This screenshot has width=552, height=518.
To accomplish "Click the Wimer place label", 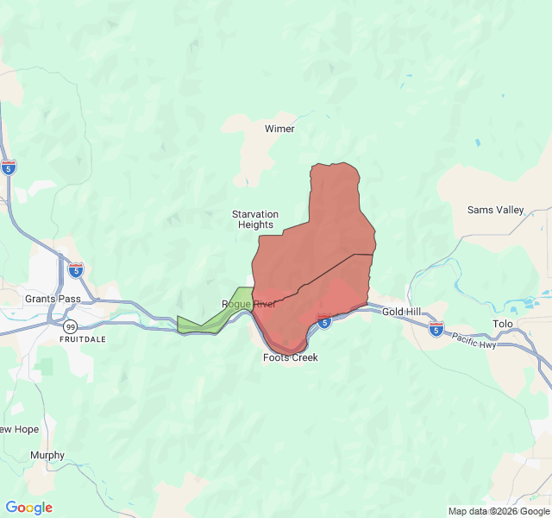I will point(279,129).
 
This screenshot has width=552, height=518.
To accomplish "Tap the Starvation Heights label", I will point(255,219).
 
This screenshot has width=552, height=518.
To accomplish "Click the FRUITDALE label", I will point(83,339).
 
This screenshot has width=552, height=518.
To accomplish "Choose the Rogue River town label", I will point(248,304).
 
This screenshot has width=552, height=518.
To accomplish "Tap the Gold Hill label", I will point(402,312).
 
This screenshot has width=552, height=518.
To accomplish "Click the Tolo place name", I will point(502,325).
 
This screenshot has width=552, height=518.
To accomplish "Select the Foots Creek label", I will point(291,357).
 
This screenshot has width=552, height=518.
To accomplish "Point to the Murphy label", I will point(47,455).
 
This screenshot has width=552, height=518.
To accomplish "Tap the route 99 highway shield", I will point(70,325).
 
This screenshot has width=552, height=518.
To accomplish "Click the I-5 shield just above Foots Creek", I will point(324,322).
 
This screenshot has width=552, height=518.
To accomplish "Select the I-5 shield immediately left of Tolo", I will point(436,329).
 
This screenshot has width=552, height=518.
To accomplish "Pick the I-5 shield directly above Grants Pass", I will point(76,270).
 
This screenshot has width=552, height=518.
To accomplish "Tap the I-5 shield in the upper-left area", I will point(9,167).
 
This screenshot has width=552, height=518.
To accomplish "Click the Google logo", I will point(29,508).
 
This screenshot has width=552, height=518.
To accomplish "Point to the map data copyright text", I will point(498,511).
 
